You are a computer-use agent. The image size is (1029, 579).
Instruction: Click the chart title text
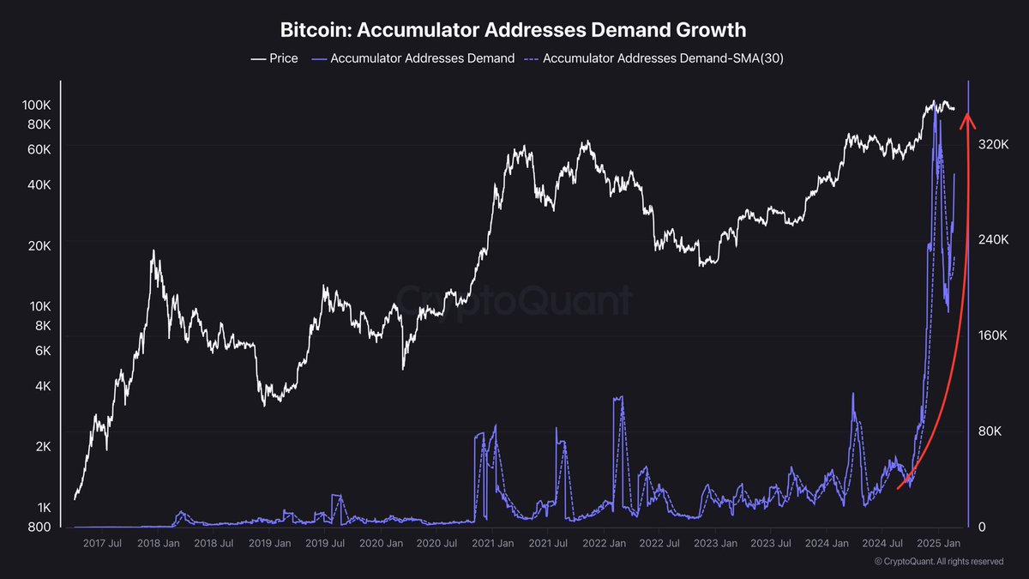514,29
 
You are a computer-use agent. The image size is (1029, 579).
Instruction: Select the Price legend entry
274,58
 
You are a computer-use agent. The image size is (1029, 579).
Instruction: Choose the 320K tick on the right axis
994,144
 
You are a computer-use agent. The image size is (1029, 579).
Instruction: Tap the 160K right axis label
994,335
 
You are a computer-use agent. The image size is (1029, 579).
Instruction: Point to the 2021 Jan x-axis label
492,544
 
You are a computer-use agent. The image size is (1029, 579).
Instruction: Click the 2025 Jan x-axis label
938,544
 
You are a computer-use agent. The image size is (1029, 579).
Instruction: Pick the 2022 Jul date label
659,544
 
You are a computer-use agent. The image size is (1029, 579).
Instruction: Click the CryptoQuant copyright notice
939,562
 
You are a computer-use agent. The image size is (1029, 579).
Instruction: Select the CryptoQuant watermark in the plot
514,300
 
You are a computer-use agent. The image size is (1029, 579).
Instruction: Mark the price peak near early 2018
153,250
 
